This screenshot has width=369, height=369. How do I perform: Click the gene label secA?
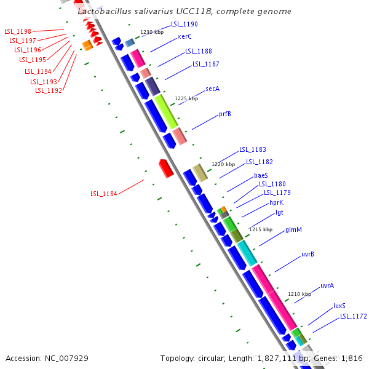212,89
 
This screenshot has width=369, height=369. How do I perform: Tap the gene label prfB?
225,114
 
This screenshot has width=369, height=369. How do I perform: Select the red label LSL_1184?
103,194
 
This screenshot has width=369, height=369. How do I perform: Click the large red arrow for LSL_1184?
166,169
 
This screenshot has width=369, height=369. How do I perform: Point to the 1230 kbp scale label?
152,31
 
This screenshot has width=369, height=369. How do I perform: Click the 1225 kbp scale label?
186,98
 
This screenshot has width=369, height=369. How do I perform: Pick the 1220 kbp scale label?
223,164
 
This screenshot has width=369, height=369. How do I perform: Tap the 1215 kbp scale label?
260,229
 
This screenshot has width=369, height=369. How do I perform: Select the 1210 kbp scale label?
300,294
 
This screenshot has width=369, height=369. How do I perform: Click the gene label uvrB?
308,254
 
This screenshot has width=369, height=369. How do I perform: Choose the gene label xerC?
184,36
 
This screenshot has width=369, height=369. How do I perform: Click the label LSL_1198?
17,31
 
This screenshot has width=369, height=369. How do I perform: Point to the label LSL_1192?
48,90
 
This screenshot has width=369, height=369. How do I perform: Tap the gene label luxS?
339,306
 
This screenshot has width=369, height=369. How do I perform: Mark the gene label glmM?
293,230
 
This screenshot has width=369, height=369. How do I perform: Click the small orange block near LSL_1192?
87,45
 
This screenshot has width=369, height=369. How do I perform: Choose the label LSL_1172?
353,317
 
